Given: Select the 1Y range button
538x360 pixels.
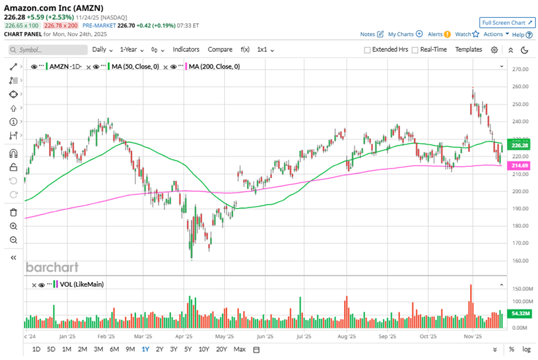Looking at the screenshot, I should pyautogui.click(x=145, y=349).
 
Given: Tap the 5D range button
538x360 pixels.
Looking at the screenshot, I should pyautogui.click(x=51, y=349).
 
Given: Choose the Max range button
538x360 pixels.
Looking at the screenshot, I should pyautogui.click(x=240, y=349).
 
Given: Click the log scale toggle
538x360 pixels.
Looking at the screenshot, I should pyautogui.click(x=527, y=349).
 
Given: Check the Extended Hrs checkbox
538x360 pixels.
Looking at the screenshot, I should pyautogui.click(x=367, y=50).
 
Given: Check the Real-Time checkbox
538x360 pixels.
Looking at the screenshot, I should pyautogui.click(x=415, y=50).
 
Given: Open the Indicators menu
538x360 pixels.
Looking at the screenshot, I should pyautogui.click(x=186, y=49).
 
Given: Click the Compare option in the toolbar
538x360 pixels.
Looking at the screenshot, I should pyautogui.click(x=220, y=49).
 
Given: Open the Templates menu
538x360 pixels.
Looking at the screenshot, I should pyautogui.click(x=469, y=49).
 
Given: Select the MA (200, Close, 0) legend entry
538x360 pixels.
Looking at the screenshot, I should pyautogui.click(x=214, y=67).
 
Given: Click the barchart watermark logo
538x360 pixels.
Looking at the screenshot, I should pyautogui.click(x=52, y=267).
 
